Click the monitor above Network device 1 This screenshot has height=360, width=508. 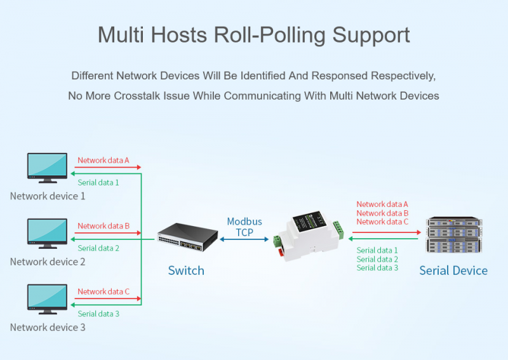[47, 168]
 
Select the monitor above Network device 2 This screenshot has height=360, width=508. [47, 234]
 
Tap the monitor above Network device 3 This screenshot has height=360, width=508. [47, 300]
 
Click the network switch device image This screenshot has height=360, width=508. [187, 237]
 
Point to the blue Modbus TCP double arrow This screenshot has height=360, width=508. [244, 239]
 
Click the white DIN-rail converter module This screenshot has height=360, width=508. [308, 236]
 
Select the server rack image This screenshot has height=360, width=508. [454, 234]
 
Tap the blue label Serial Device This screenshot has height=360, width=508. [453, 270]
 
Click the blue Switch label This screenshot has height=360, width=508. [186, 270]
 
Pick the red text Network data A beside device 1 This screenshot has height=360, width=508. [104, 160]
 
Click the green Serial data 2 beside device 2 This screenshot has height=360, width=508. [98, 248]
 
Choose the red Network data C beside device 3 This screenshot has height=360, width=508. [104, 291]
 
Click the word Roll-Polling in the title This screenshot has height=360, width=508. [270, 35]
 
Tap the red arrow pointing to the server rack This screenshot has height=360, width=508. [387, 232]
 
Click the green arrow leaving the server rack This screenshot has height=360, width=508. [384, 239]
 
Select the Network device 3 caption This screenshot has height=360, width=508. [48, 327]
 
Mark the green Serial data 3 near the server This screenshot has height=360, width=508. [377, 268]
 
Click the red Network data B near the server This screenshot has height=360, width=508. [382, 213]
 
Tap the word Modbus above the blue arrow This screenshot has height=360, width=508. [244, 222]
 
